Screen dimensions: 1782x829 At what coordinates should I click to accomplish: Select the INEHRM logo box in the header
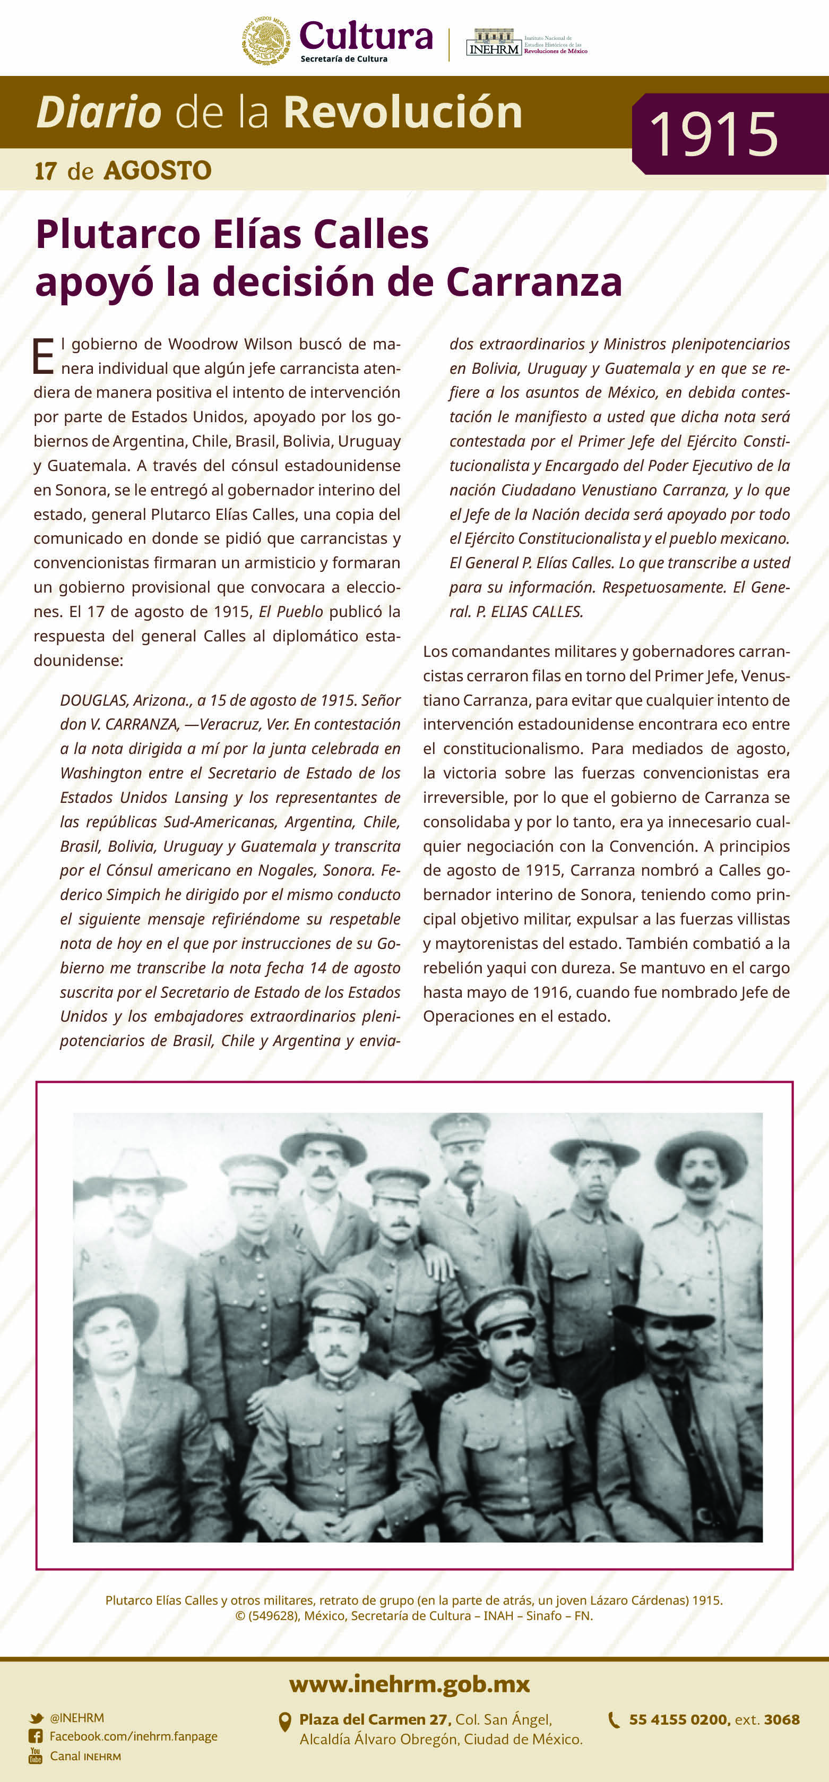(x=494, y=44)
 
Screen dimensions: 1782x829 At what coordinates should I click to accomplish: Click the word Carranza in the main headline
(x=534, y=282)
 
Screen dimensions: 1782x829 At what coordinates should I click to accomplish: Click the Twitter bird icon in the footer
(x=36, y=1718)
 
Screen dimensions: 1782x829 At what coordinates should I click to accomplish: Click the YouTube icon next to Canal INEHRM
(x=35, y=1755)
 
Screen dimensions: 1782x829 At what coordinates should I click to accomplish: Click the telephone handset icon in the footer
(x=614, y=1720)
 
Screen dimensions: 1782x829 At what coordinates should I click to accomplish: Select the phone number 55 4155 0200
(x=678, y=1720)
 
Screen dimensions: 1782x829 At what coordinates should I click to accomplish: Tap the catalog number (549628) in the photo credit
(x=274, y=1616)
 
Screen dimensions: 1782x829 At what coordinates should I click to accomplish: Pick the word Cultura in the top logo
(x=366, y=36)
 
